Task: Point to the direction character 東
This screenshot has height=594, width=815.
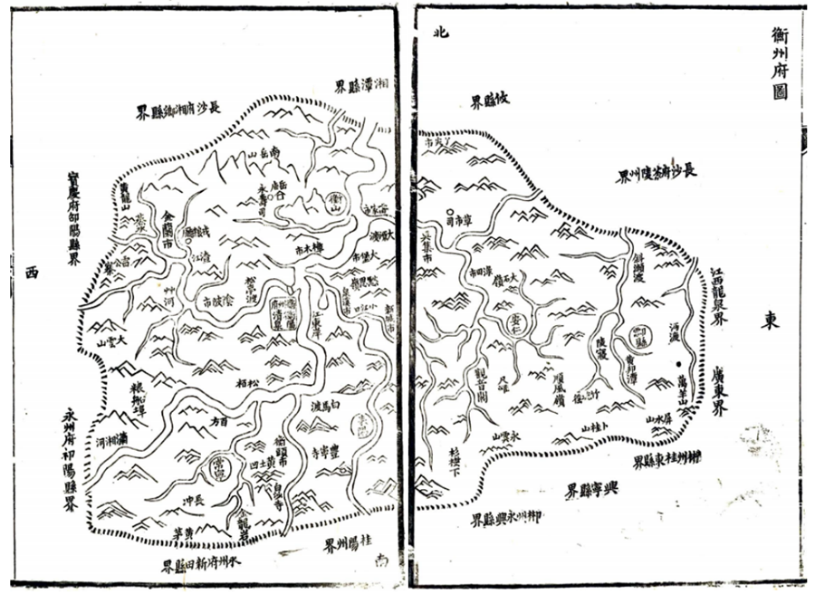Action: click(769, 321)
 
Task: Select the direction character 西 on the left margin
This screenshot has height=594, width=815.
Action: click(34, 271)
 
